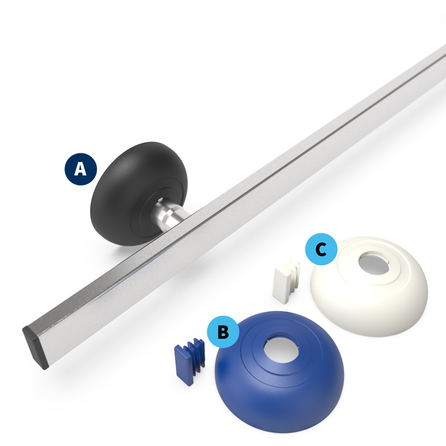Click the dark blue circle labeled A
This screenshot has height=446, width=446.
coord(81,169)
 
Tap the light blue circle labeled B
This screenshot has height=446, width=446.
coord(223,332)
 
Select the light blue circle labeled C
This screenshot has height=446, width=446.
coord(322,249)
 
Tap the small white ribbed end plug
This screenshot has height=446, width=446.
coord(286,282)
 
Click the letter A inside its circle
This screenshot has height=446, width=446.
coord(80,169)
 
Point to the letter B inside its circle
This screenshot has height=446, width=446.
coord(224,332)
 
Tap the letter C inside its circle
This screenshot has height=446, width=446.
coord(322,249)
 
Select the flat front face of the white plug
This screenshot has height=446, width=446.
coord(281,285)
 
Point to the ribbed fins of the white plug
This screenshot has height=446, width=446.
coord(294,274)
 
